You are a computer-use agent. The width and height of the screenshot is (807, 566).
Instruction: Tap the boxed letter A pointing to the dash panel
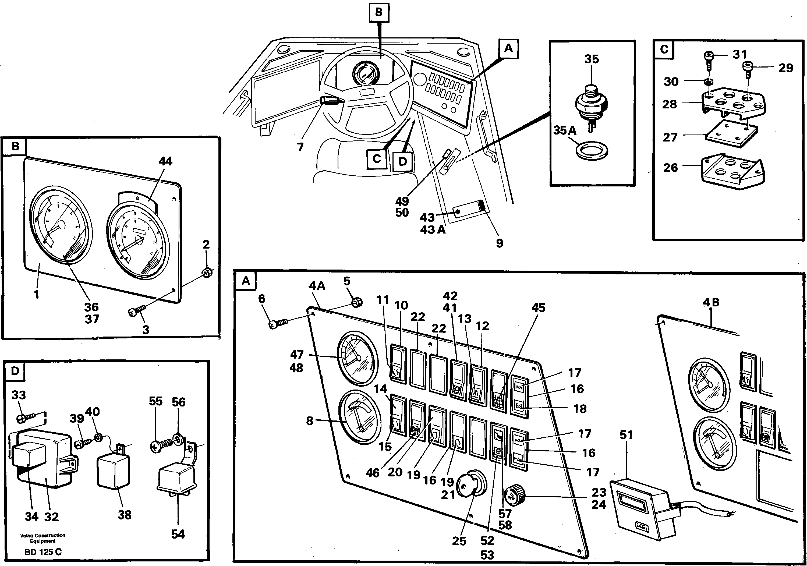click(x=508, y=48)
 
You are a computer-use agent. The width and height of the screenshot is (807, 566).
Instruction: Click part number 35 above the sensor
click(x=591, y=59)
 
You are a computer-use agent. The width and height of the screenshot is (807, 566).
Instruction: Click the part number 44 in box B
click(x=165, y=161)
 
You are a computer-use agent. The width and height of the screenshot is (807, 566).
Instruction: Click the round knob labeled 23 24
click(x=514, y=496)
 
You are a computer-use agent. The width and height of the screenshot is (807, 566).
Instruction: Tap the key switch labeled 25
click(x=471, y=485)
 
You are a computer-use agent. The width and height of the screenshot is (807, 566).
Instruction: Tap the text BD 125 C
click(x=43, y=552)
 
